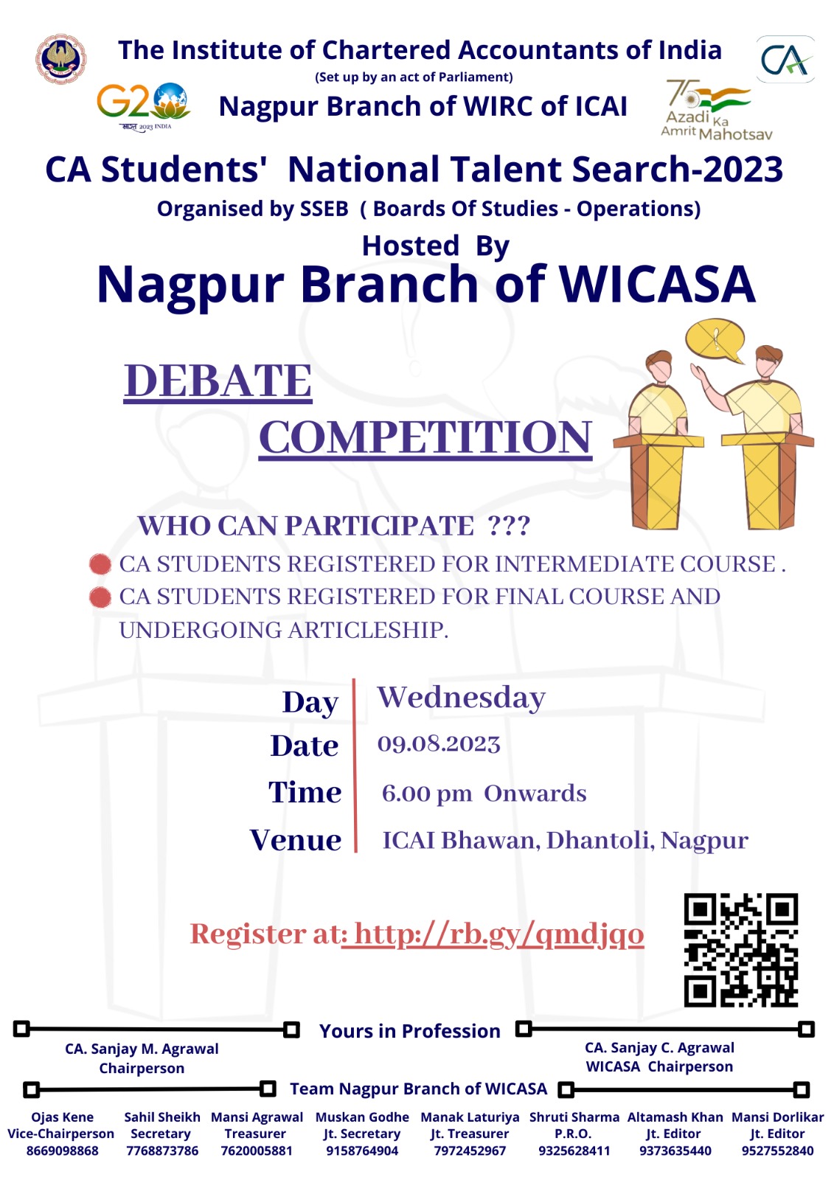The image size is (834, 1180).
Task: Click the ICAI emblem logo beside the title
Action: (x=61, y=58)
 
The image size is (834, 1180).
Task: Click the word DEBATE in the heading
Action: (x=218, y=381)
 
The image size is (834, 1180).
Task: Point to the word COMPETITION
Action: (x=425, y=437)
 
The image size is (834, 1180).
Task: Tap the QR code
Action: (x=741, y=950)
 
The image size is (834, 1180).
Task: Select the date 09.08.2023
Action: (x=438, y=744)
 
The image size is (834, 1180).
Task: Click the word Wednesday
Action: (x=461, y=698)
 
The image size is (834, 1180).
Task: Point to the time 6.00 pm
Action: (x=427, y=794)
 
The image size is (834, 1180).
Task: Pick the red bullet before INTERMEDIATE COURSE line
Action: (x=100, y=564)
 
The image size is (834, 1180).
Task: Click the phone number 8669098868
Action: (x=62, y=1151)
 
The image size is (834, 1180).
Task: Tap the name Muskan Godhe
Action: (x=362, y=1117)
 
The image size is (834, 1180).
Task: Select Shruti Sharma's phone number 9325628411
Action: (x=574, y=1151)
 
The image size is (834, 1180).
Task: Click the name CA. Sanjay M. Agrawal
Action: (x=142, y=1049)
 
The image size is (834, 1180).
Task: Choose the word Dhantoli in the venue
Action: (x=600, y=841)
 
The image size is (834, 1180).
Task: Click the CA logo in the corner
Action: (x=785, y=59)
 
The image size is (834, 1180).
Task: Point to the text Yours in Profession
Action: (x=409, y=1031)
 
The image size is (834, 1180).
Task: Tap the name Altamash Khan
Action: (x=675, y=1117)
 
